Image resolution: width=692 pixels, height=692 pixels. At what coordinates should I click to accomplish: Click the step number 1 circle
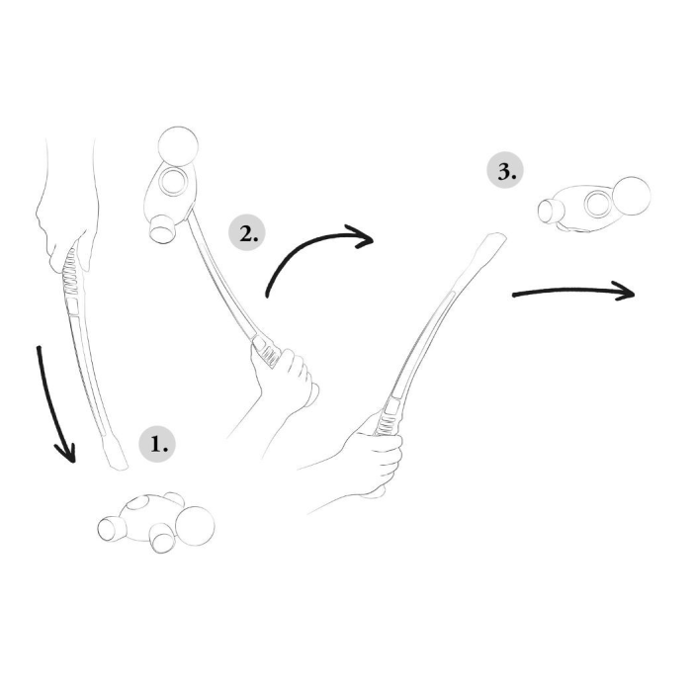coord(157,444)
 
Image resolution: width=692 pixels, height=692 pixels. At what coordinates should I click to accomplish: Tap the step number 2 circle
coord(247,232)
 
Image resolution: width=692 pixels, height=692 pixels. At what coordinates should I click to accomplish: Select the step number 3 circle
coord(505,170)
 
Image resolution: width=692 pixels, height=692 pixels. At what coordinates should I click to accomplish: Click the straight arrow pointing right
coord(573,291)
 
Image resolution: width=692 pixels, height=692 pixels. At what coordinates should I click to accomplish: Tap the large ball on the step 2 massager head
coord(178,146)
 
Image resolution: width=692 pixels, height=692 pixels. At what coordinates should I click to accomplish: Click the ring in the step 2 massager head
coord(173,181)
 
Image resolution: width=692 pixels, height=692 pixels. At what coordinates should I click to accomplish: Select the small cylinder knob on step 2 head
coord(162,229)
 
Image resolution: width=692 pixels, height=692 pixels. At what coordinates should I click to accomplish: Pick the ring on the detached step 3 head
coord(598,204)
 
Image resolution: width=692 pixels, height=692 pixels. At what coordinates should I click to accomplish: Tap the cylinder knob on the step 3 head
coord(550,211)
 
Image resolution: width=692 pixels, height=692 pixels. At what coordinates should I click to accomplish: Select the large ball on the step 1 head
coord(195,526)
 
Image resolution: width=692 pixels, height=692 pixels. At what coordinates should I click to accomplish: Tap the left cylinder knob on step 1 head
coord(111,528)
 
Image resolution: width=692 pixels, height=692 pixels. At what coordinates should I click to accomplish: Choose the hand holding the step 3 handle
coord(375,459)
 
